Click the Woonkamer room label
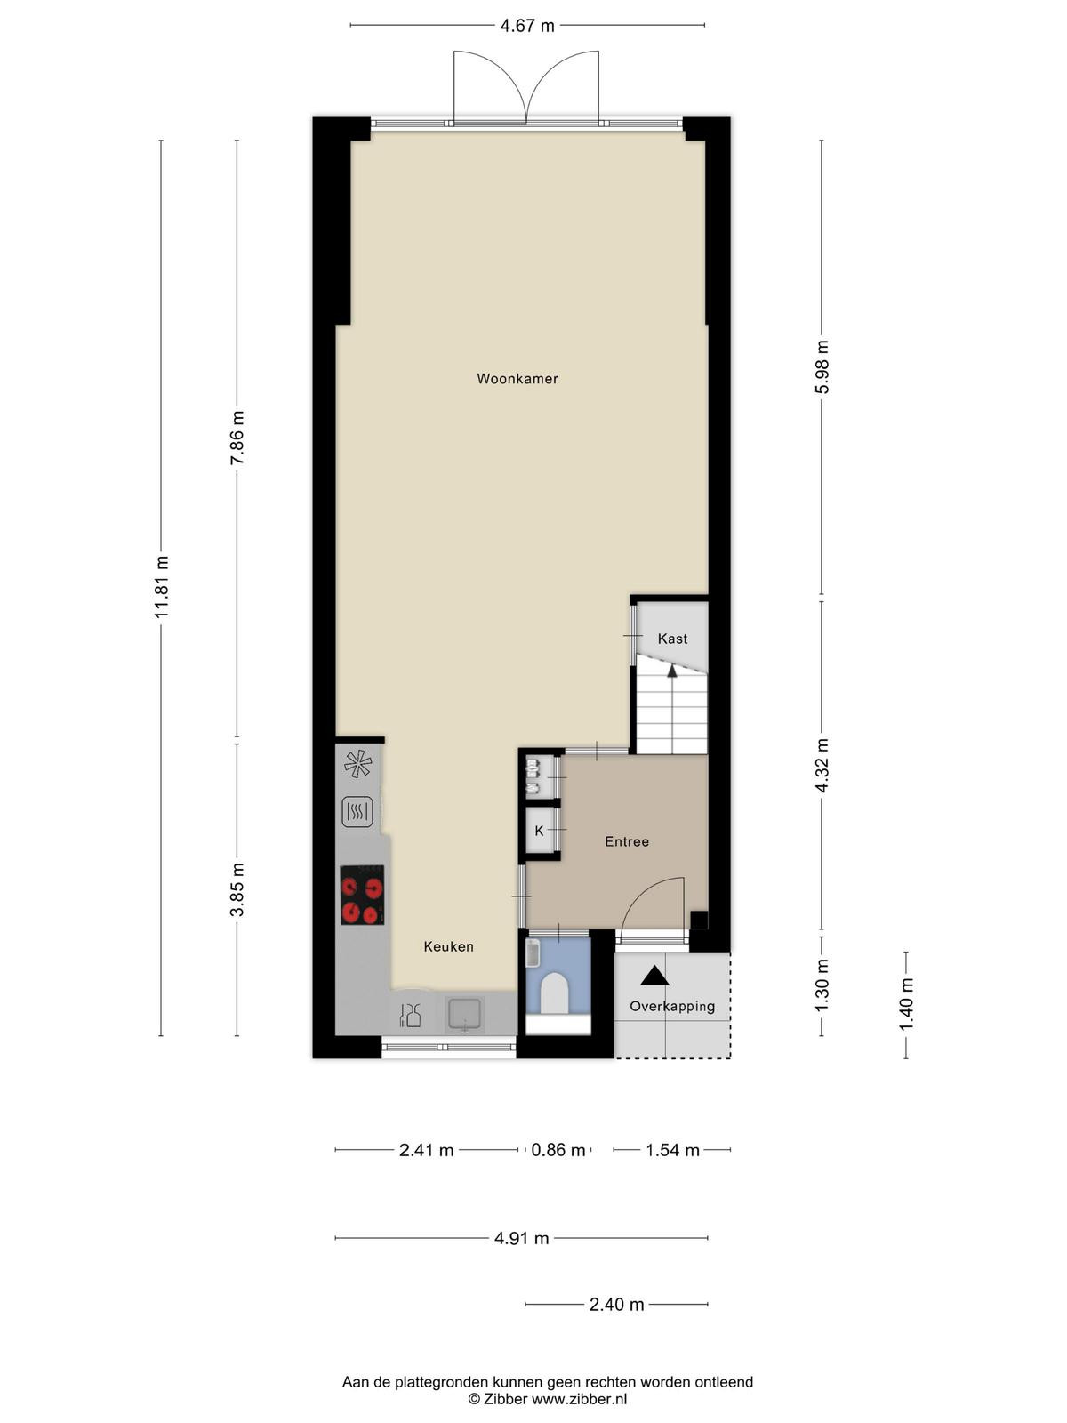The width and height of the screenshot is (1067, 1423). click(517, 379)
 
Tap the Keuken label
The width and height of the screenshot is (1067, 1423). click(448, 946)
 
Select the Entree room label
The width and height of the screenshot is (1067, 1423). click(627, 841)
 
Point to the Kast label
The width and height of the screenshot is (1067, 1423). click(672, 639)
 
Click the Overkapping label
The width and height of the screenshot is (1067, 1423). click(672, 1006)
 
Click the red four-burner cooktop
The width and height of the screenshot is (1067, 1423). click(362, 895)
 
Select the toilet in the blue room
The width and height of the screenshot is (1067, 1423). click(554, 993)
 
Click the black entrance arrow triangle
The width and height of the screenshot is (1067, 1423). click(654, 976)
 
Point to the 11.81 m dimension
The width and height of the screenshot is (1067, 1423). click(161, 587)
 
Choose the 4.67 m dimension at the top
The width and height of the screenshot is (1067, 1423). click(527, 26)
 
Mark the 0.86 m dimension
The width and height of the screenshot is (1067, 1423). click(558, 1150)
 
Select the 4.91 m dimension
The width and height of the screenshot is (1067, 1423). click(522, 1238)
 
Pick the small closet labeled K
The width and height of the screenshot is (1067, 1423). click(539, 831)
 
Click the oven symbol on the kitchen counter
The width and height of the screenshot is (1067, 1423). click(357, 812)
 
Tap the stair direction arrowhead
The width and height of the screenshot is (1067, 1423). click(672, 671)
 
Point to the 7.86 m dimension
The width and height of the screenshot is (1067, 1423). click(237, 437)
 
